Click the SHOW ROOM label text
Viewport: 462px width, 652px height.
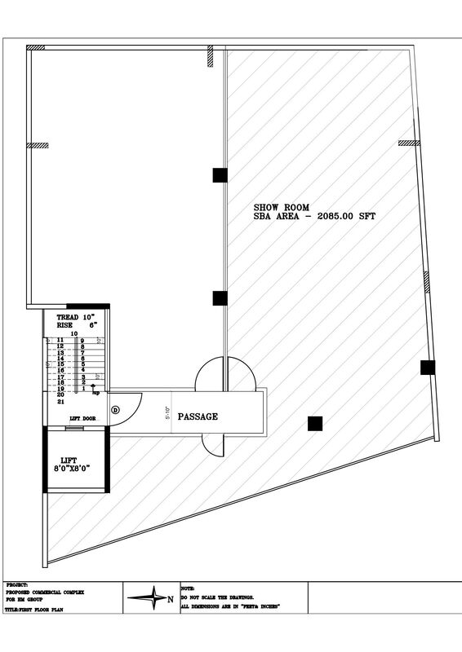point(279,207)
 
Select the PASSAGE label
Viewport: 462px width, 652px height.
point(198,416)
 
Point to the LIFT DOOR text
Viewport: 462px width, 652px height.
point(78,418)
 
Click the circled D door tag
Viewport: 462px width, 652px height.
point(115,409)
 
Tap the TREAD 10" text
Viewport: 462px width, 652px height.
point(76,316)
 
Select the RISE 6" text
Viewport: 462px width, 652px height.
point(76,324)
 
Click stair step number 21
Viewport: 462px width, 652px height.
point(60,402)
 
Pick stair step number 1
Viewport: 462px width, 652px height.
point(83,389)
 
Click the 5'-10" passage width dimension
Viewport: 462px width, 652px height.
point(167,413)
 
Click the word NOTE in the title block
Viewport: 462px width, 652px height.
point(189,587)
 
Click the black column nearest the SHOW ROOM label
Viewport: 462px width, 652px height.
point(220,174)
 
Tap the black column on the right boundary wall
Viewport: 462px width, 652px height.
point(428,368)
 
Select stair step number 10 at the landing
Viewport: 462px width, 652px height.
point(73,334)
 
